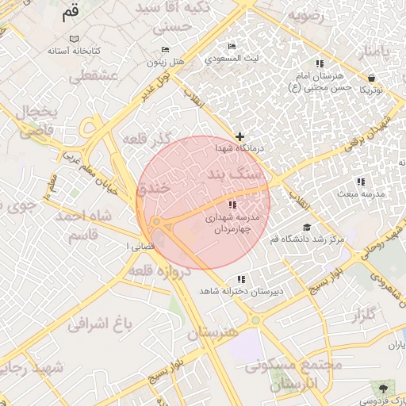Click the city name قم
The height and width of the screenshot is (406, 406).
(71, 13)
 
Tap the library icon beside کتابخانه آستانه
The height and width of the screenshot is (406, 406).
(74, 39)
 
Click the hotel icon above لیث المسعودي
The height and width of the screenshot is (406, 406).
(231, 47)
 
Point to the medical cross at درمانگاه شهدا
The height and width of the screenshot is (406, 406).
(240, 137)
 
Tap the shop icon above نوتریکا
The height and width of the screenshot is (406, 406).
(372, 78)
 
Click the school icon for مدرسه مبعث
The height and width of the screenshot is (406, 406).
(361, 182)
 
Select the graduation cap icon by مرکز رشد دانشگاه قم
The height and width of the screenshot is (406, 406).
(307, 228)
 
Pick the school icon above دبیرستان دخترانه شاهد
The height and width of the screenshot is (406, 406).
(241, 279)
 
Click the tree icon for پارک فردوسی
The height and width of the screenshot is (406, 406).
(385, 387)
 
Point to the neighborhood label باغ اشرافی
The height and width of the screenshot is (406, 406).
(98, 324)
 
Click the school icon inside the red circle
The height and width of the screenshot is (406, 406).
(231, 205)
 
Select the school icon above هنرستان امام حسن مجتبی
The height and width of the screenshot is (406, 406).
(320, 63)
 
